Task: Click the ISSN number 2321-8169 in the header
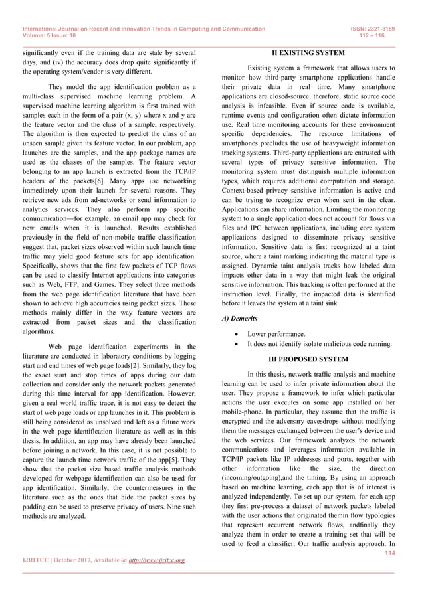381,29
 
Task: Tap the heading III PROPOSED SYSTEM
308,359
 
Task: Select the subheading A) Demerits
239,319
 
